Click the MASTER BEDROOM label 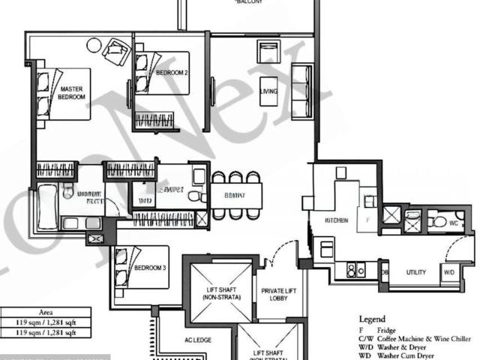(72, 93)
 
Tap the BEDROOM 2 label (172, 73)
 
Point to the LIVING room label (268, 91)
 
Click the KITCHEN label (335, 220)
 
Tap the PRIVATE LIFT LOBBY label (281, 295)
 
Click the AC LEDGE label (198, 340)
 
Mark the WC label (453, 222)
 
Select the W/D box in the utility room (448, 271)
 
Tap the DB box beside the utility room (385, 272)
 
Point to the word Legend (372, 318)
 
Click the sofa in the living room (301, 91)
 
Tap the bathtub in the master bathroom (46, 206)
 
